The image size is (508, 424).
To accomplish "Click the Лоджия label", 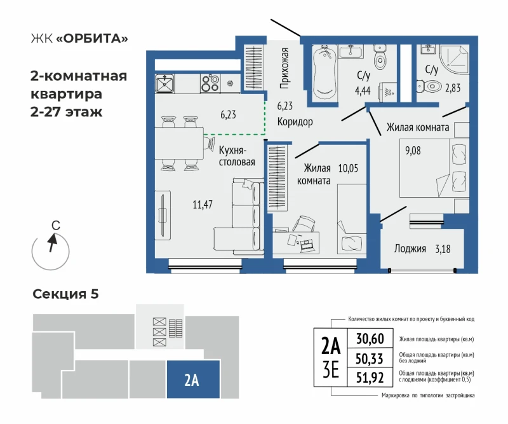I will click(410, 249).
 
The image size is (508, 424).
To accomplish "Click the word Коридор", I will click(295, 121).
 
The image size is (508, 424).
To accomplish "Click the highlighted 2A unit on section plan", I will click(193, 380).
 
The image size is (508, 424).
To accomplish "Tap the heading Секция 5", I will click(66, 294).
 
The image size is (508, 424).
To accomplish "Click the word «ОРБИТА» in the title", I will click(93, 38).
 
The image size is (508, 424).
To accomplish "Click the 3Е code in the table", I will click(330, 370).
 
